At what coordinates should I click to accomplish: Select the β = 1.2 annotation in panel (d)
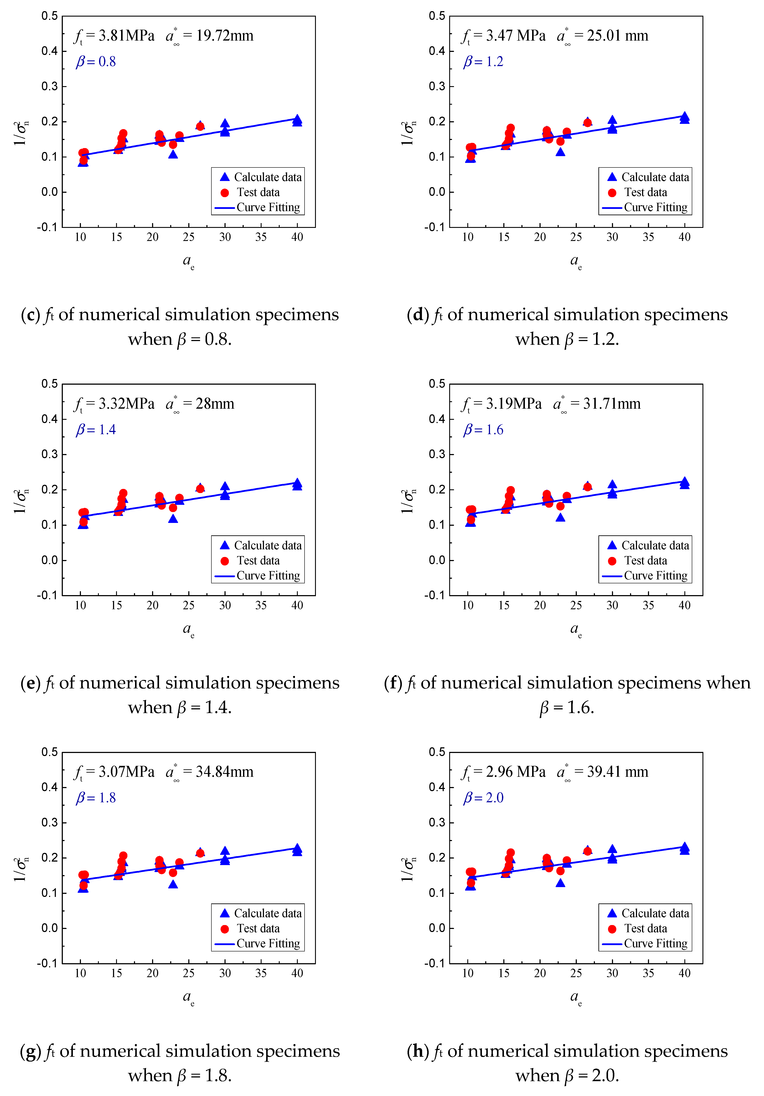(x=483, y=61)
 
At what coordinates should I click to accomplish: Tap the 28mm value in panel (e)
(x=215, y=404)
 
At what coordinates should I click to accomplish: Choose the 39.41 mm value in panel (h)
(x=617, y=772)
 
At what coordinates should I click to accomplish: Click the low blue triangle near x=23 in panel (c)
(x=173, y=154)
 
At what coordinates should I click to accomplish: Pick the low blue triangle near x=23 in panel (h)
(x=560, y=883)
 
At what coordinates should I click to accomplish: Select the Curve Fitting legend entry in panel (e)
(x=268, y=576)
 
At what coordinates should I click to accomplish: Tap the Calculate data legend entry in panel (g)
(x=267, y=913)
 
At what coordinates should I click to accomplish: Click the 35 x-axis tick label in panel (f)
(x=648, y=605)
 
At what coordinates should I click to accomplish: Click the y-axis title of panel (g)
(x=20, y=870)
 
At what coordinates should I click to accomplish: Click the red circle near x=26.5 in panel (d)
(x=587, y=123)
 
